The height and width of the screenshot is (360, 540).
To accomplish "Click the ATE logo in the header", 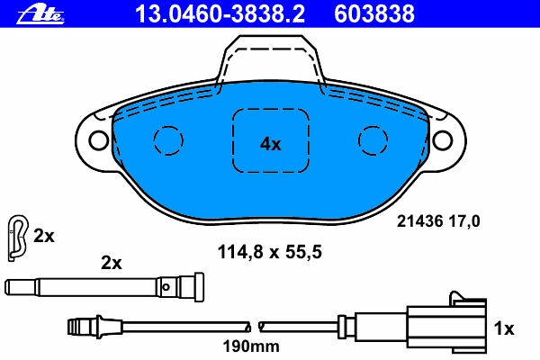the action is point(40,14).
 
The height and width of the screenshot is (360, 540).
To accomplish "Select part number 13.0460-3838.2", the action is point(220,13).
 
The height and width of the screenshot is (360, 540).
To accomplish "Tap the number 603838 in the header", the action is point(374,13).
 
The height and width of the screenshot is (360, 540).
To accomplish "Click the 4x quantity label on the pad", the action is point(270,144).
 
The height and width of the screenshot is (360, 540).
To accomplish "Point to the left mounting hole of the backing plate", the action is point(99,139).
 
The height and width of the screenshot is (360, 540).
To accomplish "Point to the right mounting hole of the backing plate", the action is point(442,139).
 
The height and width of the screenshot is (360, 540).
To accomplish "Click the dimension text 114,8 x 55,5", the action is point(270,252).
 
